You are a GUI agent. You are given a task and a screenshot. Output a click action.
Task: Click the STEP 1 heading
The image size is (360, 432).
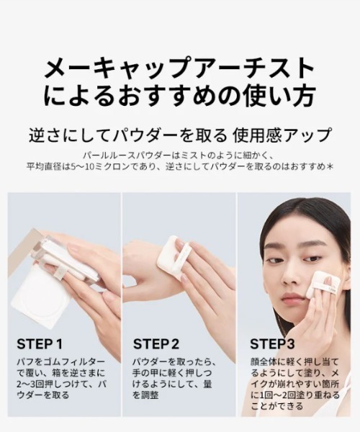coord(40,343)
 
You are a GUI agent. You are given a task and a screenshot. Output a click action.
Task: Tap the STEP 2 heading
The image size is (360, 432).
coord(156,343)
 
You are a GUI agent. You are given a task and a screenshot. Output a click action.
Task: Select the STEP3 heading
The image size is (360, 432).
coord(272,343)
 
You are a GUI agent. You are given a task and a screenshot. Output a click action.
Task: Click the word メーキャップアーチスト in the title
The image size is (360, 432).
coord(179,70)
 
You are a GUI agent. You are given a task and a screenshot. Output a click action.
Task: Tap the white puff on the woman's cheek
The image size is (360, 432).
coord(323,284)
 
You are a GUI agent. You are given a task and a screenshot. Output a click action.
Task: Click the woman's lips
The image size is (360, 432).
coord(293,298)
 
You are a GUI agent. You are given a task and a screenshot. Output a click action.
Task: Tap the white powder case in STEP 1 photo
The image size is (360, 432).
coord(41,295)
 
